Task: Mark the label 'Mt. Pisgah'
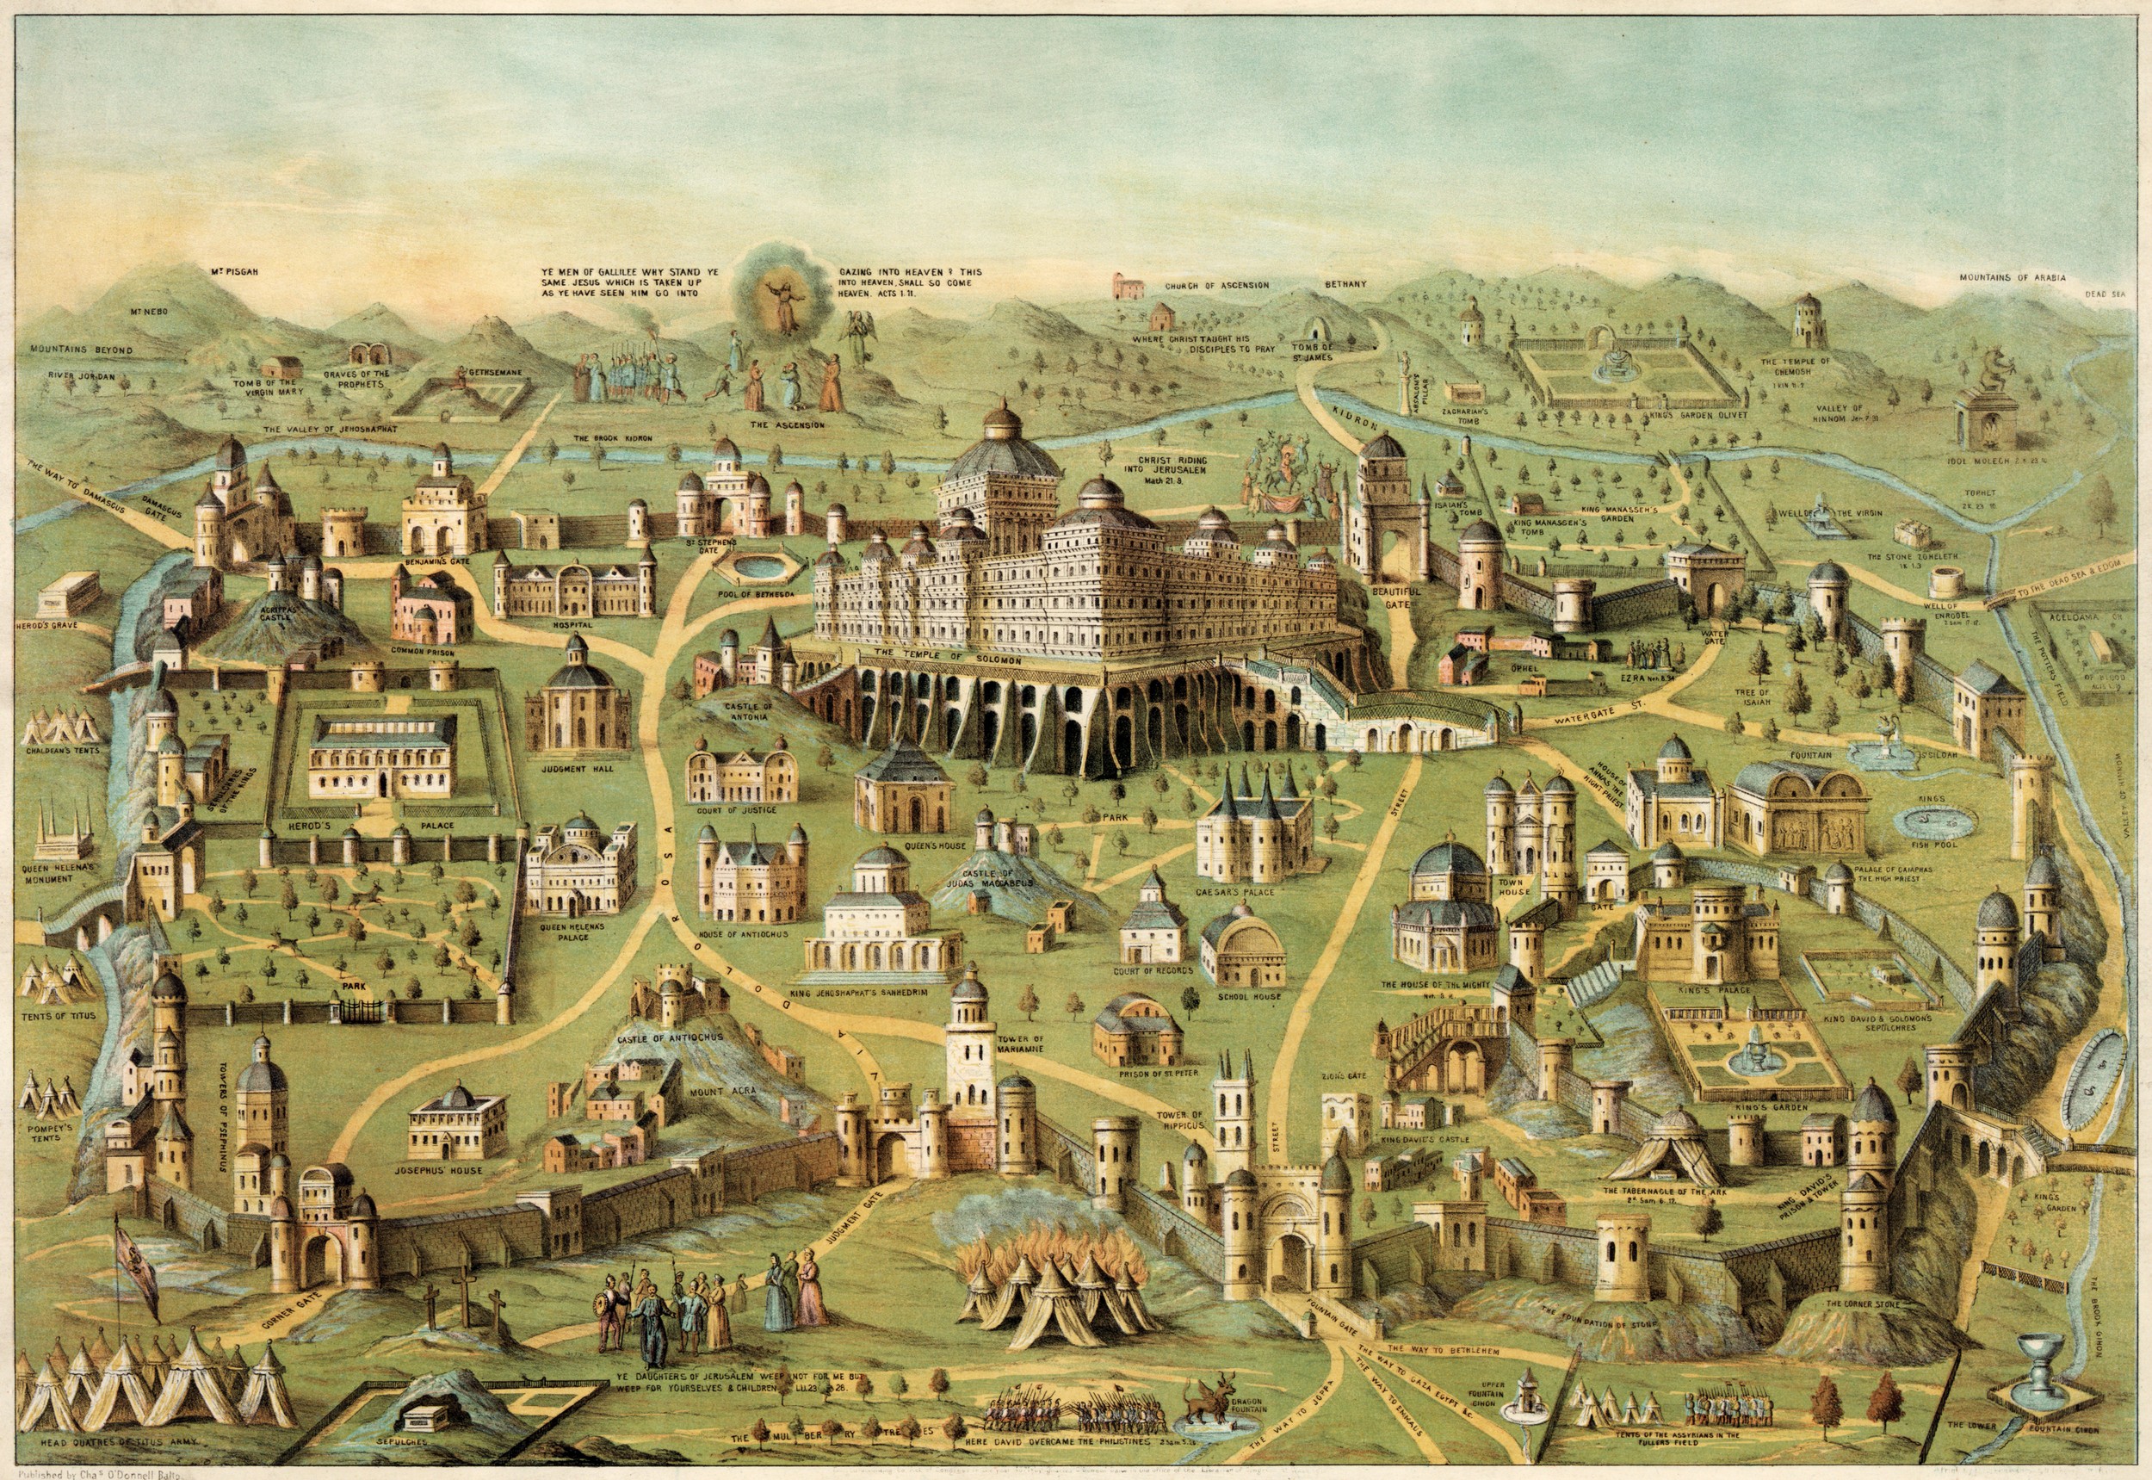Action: click(x=232, y=272)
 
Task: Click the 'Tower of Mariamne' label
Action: click(x=1021, y=1043)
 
